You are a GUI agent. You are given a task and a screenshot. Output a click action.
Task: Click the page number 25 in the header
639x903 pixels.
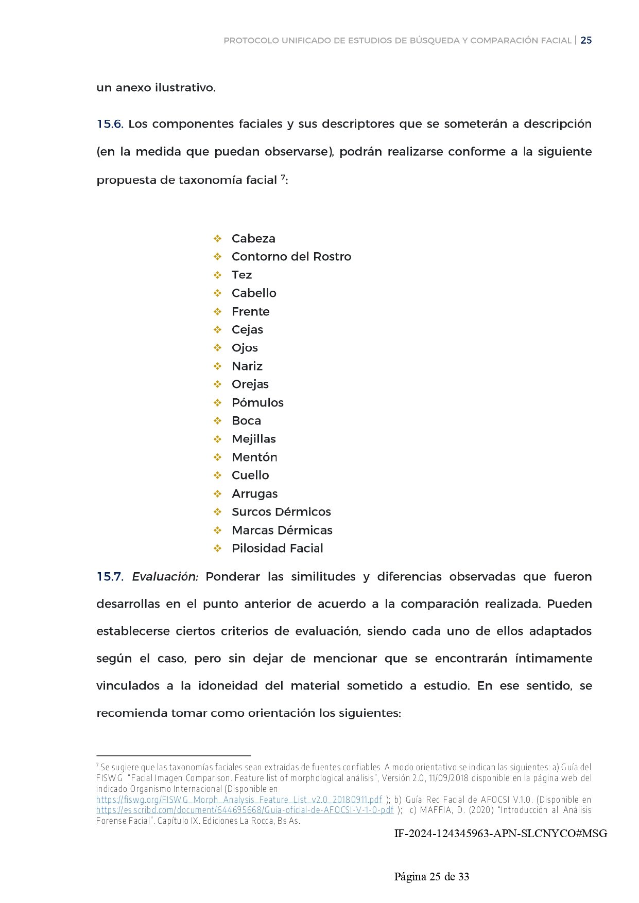tap(586, 41)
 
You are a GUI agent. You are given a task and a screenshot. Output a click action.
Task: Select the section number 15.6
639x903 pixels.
tap(110, 124)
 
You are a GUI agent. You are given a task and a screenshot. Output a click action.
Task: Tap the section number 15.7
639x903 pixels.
tap(110, 577)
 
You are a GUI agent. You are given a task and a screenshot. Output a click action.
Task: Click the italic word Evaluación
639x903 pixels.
tap(165, 577)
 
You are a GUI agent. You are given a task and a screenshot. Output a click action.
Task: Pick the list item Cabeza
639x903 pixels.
tap(253, 239)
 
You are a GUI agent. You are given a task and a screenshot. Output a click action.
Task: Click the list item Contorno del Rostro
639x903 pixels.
tap(291, 257)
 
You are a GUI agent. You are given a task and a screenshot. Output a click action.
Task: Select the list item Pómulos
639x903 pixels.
tap(257, 403)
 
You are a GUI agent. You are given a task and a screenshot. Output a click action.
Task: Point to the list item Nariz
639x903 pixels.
tap(247, 366)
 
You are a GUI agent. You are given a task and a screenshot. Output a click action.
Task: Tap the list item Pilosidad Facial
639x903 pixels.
tap(277, 548)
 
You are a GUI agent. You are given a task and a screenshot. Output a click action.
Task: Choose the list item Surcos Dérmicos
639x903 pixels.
tap(281, 512)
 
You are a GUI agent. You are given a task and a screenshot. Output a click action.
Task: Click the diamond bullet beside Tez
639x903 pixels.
tap(218, 275)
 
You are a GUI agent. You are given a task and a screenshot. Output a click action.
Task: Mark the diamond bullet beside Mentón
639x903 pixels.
tap(218, 457)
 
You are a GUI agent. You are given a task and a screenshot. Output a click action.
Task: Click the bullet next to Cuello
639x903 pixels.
tap(218, 475)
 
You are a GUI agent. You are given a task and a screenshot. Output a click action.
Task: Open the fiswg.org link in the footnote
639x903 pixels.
tap(239, 800)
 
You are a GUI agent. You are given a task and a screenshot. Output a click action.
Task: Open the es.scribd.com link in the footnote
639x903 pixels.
tap(245, 810)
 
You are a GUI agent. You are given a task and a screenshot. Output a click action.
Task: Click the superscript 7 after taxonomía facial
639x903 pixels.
tap(283, 178)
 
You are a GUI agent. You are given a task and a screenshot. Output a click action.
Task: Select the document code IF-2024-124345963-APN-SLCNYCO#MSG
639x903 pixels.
tap(500, 834)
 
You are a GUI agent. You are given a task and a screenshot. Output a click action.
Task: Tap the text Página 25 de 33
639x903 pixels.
tap(431, 877)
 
